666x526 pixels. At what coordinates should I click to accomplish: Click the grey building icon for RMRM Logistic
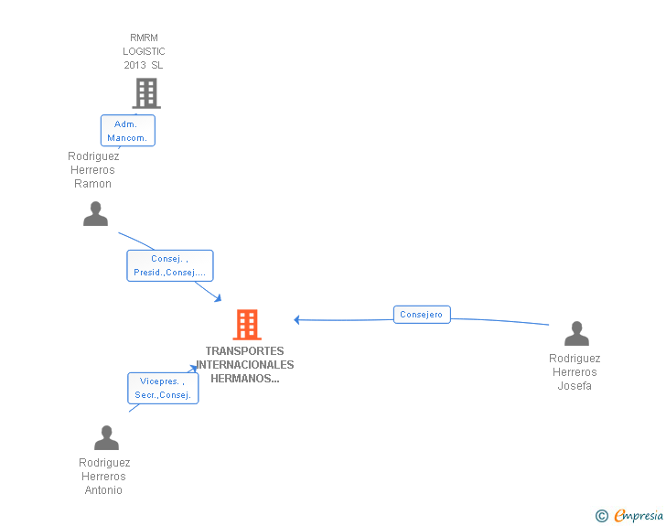click(x=146, y=93)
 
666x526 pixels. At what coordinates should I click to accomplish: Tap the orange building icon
click(x=247, y=325)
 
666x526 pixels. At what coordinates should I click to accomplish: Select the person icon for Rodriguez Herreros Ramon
click(x=95, y=214)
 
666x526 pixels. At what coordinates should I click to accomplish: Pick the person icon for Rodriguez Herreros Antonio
click(x=106, y=437)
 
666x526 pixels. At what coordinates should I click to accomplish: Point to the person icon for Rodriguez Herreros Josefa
click(x=576, y=334)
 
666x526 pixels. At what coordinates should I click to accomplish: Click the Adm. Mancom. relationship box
click(x=128, y=131)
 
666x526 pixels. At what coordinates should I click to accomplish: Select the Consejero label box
click(x=422, y=315)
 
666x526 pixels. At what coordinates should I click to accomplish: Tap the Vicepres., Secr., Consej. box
click(x=163, y=388)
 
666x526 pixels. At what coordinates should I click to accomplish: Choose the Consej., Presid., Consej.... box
click(x=170, y=265)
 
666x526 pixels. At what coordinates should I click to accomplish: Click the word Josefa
click(x=575, y=386)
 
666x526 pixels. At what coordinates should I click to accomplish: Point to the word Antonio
click(x=103, y=490)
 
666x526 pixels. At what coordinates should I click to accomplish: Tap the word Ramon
click(x=92, y=184)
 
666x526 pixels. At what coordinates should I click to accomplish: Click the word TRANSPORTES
click(x=244, y=351)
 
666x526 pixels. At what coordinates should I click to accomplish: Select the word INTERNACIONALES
click(x=244, y=365)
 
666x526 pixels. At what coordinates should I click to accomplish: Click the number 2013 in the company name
click(x=134, y=65)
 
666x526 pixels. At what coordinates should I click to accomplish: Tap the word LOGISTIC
click(x=144, y=51)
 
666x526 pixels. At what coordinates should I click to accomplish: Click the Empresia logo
click(x=639, y=515)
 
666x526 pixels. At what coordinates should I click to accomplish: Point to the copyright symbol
click(x=602, y=516)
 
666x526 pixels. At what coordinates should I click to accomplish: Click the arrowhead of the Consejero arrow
click(x=297, y=319)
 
